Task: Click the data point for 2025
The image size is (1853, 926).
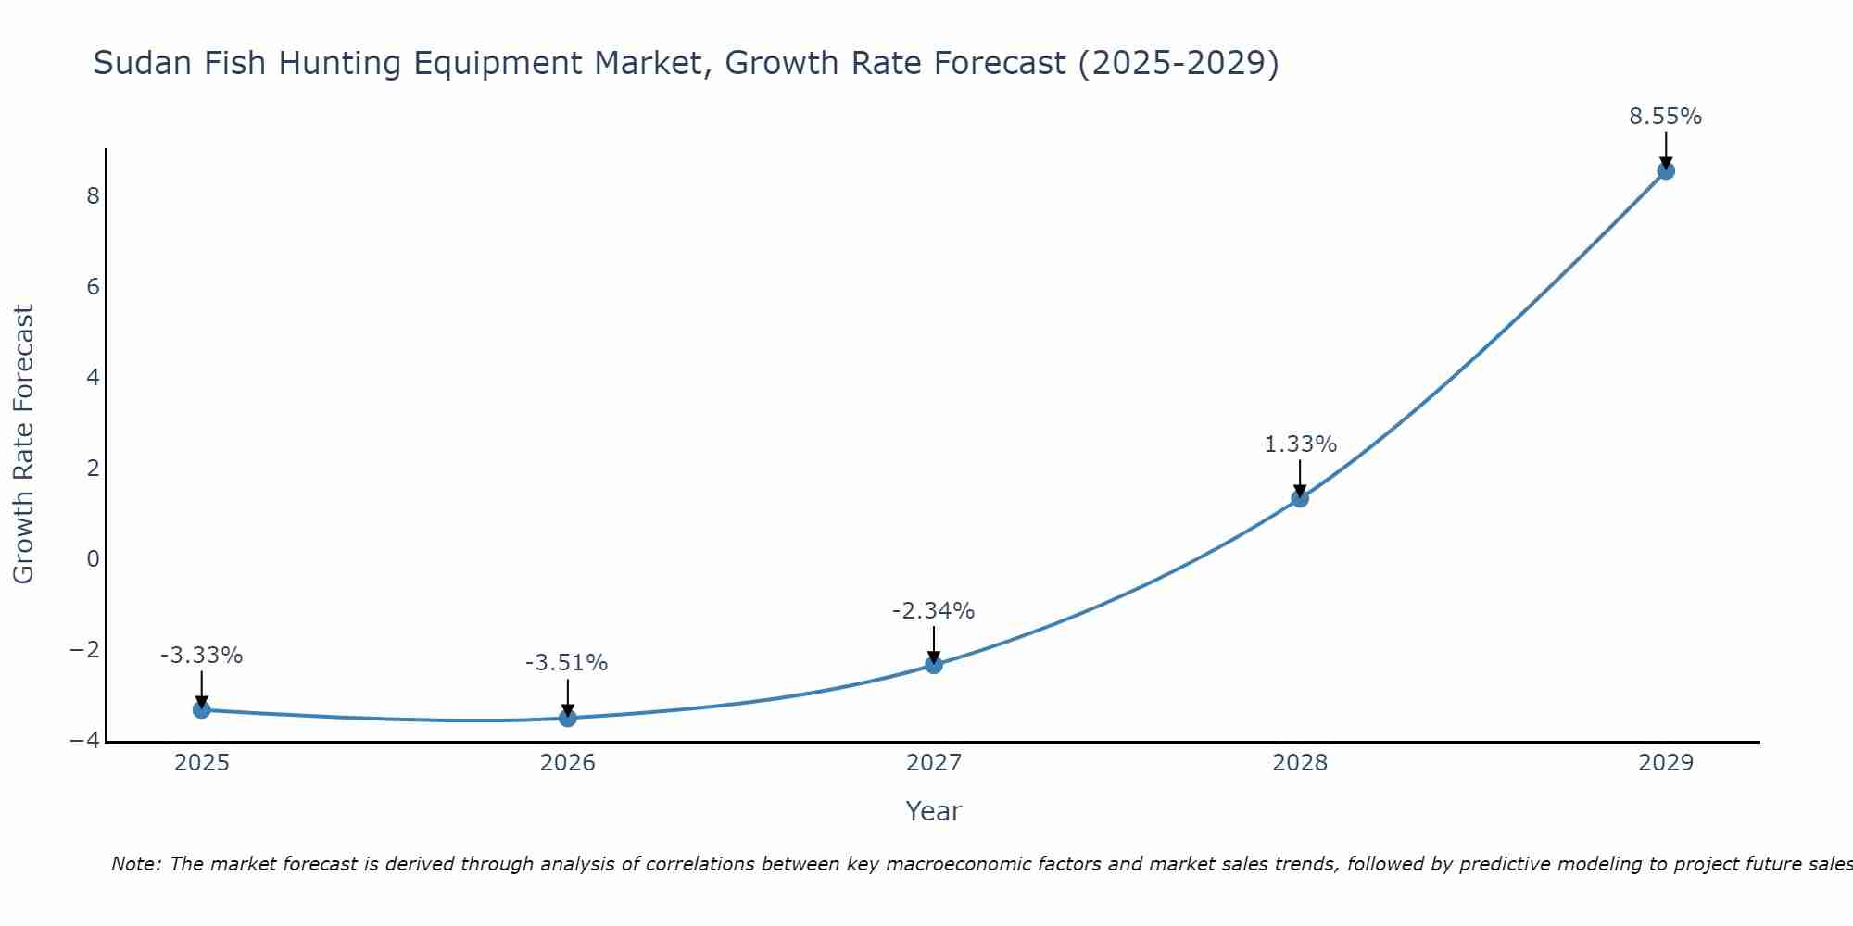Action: click(x=202, y=709)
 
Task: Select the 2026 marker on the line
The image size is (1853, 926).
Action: click(x=568, y=718)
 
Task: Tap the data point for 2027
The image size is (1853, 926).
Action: click(x=934, y=665)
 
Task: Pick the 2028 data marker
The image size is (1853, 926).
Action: click(x=1300, y=498)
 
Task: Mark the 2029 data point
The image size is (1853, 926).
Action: click(x=1666, y=170)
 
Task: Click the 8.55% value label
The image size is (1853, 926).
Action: click(x=1665, y=117)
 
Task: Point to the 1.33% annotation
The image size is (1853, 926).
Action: click(x=1300, y=444)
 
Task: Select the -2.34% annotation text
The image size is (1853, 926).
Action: click(x=933, y=611)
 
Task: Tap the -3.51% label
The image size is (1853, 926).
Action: click(x=566, y=663)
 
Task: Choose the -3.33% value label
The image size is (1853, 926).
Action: click(x=201, y=656)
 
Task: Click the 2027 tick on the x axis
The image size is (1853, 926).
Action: click(x=934, y=763)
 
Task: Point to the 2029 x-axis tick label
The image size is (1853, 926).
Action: click(x=1666, y=763)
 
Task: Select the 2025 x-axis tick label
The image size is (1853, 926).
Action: click(x=202, y=763)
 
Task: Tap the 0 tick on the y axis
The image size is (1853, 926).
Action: click(x=93, y=558)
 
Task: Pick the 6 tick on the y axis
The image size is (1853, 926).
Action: click(x=93, y=286)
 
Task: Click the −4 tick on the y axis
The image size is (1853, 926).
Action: click(x=85, y=741)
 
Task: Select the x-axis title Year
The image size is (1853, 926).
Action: click(x=933, y=811)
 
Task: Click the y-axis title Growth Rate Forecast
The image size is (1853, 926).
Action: click(x=23, y=444)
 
